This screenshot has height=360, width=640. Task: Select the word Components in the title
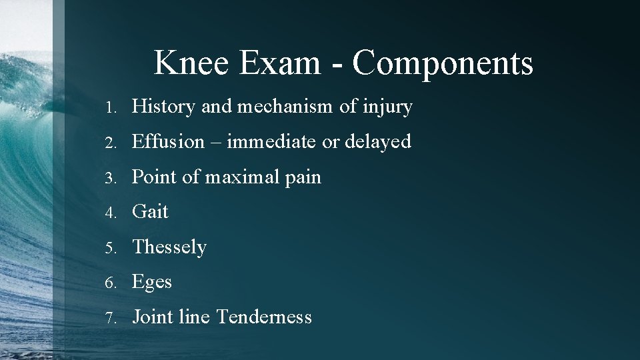pos(443,63)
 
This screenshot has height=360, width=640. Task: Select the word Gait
pos(150,212)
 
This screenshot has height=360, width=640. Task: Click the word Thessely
pos(169,247)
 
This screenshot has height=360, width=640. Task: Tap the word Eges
pos(152,283)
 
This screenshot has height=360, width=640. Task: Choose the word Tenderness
pos(263,317)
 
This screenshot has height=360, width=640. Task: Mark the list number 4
pos(111,213)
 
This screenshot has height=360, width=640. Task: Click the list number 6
pos(111,283)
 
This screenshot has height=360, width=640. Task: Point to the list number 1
pos(111,107)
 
